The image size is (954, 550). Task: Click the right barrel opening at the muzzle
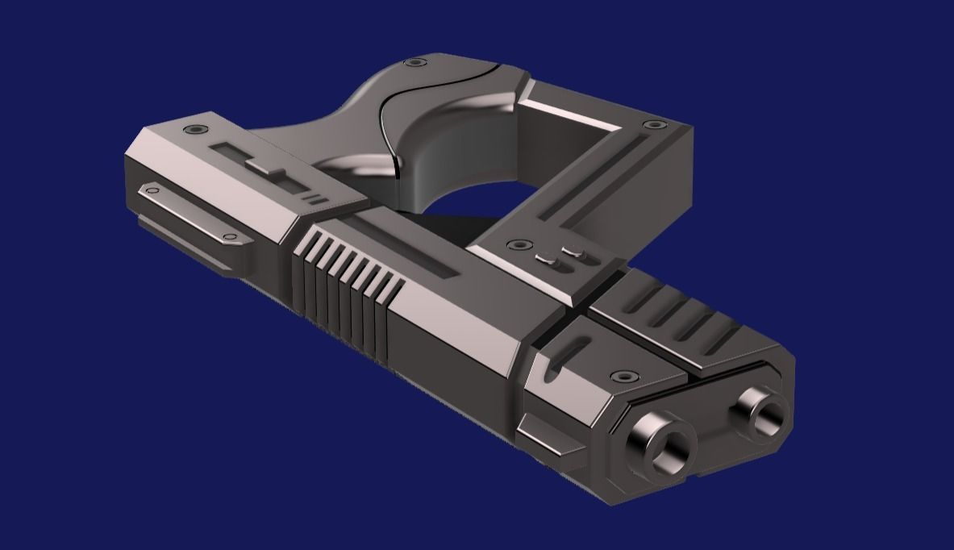click(x=760, y=411)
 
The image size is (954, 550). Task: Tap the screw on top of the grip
click(x=415, y=62)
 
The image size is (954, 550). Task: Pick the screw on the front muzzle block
click(x=622, y=376)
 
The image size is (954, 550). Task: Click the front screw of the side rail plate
click(x=230, y=237)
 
